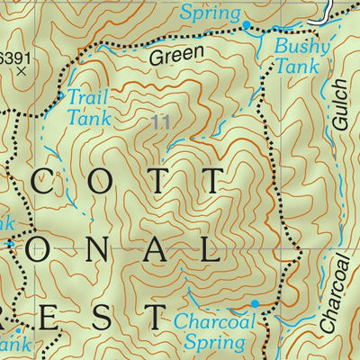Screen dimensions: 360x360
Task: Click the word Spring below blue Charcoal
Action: point(213,343)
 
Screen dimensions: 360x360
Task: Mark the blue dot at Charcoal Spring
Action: point(255,304)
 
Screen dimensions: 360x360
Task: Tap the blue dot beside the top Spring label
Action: point(246,18)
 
